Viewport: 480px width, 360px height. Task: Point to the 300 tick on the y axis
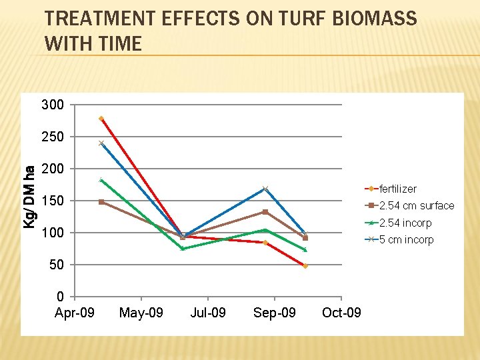53,105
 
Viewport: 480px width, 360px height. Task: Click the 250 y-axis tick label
53,137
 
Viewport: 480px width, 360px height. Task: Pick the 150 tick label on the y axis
53,201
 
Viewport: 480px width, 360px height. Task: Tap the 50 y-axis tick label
56,265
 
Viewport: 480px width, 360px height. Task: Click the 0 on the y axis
60,297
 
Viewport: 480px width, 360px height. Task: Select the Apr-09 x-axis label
74,312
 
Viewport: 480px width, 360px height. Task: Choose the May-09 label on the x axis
141,312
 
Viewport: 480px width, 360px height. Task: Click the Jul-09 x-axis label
208,312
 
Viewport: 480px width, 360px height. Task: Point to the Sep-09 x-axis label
275,312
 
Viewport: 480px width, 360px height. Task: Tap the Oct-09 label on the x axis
341,312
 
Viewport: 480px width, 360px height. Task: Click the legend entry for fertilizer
397,189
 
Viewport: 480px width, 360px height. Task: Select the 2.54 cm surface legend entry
416,205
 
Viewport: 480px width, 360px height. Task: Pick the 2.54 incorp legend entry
405,223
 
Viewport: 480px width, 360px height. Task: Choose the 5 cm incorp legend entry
406,239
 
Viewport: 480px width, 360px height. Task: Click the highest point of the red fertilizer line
101,119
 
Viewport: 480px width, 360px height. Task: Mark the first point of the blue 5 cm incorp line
101,143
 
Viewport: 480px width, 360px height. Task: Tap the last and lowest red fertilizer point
305,266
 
